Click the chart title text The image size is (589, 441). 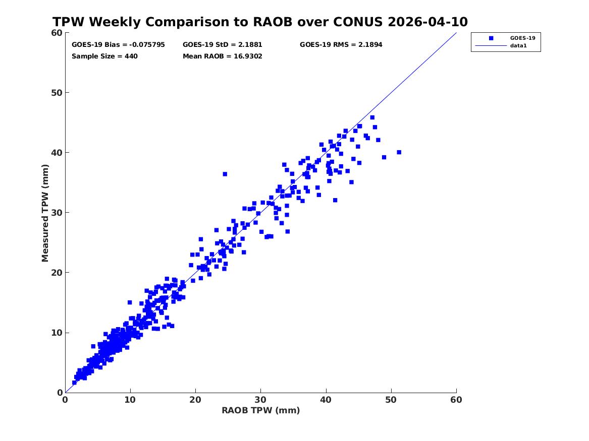pyautogui.click(x=260, y=22)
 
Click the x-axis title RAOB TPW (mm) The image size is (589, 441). pyautogui.click(x=261, y=410)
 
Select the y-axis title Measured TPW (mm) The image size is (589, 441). pyautogui.click(x=45, y=213)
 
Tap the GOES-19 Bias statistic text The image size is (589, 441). pyautogui.click(x=118, y=45)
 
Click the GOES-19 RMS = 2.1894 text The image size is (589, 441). pyautogui.click(x=341, y=45)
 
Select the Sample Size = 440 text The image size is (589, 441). pyautogui.click(x=104, y=56)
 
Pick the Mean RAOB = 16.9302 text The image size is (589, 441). pyautogui.click(x=223, y=56)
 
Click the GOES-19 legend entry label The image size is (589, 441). pyautogui.click(x=522, y=38)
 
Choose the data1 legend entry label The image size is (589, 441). pyautogui.click(x=518, y=46)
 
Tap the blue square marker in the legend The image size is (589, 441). pyautogui.click(x=491, y=38)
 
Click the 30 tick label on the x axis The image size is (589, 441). pyautogui.click(x=261, y=400)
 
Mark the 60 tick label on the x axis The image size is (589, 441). pyautogui.click(x=456, y=400)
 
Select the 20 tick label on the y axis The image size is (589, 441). pyautogui.click(x=57, y=273)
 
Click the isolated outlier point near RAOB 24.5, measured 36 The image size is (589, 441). pyautogui.click(x=225, y=174)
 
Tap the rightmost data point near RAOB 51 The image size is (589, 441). pyautogui.click(x=399, y=152)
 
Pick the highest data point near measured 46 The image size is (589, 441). pyautogui.click(x=372, y=117)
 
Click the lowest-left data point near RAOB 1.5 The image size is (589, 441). pyautogui.click(x=74, y=383)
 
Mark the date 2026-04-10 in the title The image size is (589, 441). pyautogui.click(x=428, y=22)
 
